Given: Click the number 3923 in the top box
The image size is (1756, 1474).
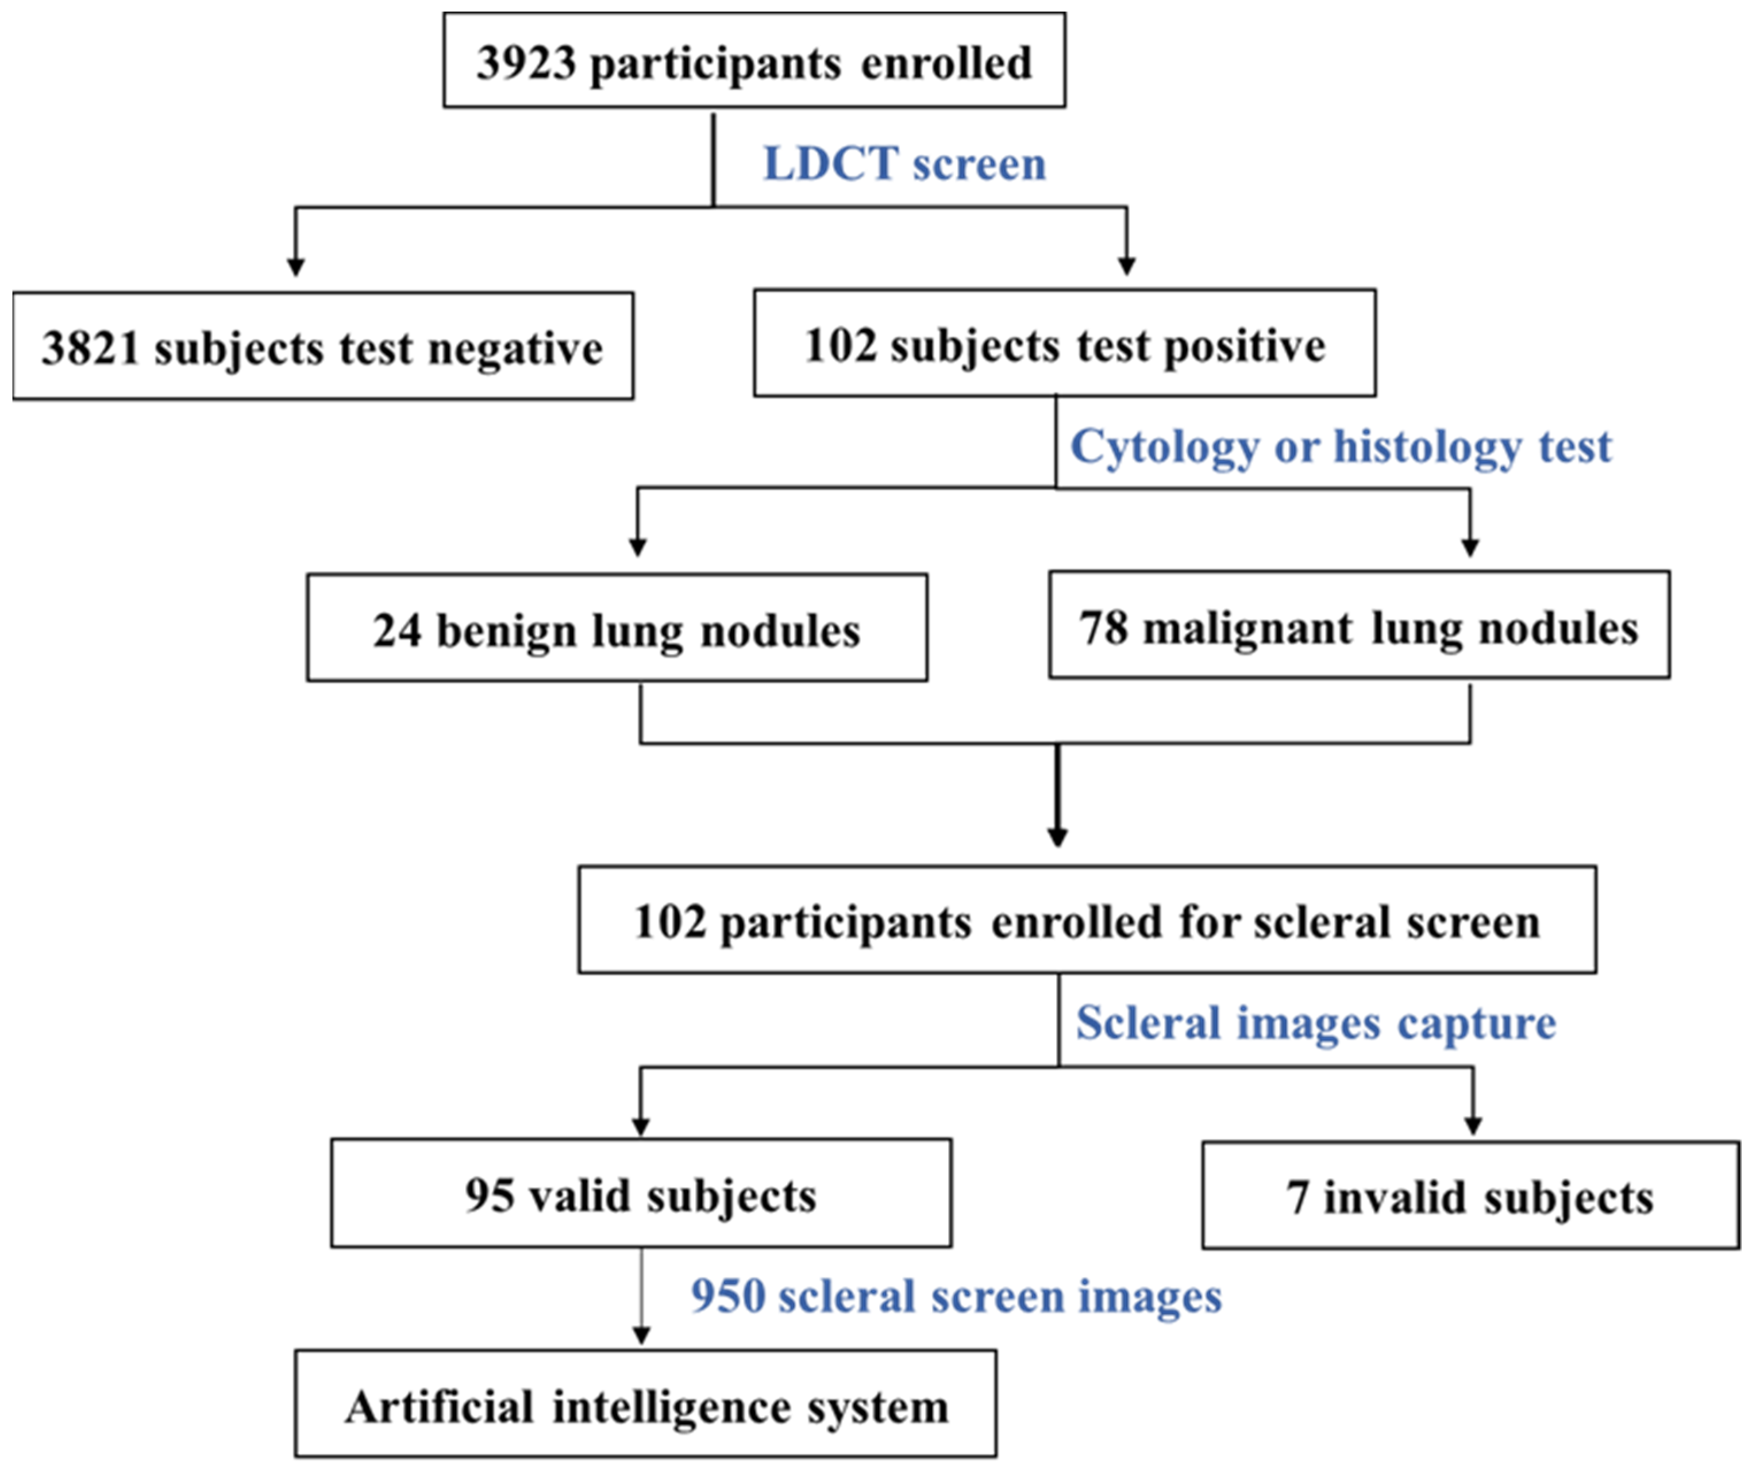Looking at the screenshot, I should tap(526, 63).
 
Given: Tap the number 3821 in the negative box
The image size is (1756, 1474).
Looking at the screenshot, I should tap(90, 348).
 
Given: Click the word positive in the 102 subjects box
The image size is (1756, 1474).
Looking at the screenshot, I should tap(1244, 345).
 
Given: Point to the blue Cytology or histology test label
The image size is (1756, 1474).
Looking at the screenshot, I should tap(1341, 447).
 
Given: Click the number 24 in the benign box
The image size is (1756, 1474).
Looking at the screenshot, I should tap(396, 630).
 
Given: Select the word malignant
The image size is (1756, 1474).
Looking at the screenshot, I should tap(1246, 629).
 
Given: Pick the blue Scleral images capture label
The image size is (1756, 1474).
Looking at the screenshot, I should tap(1315, 1023).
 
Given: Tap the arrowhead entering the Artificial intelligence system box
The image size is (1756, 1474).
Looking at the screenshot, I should tap(641, 1336).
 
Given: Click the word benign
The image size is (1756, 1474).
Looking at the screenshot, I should tap(507, 631).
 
